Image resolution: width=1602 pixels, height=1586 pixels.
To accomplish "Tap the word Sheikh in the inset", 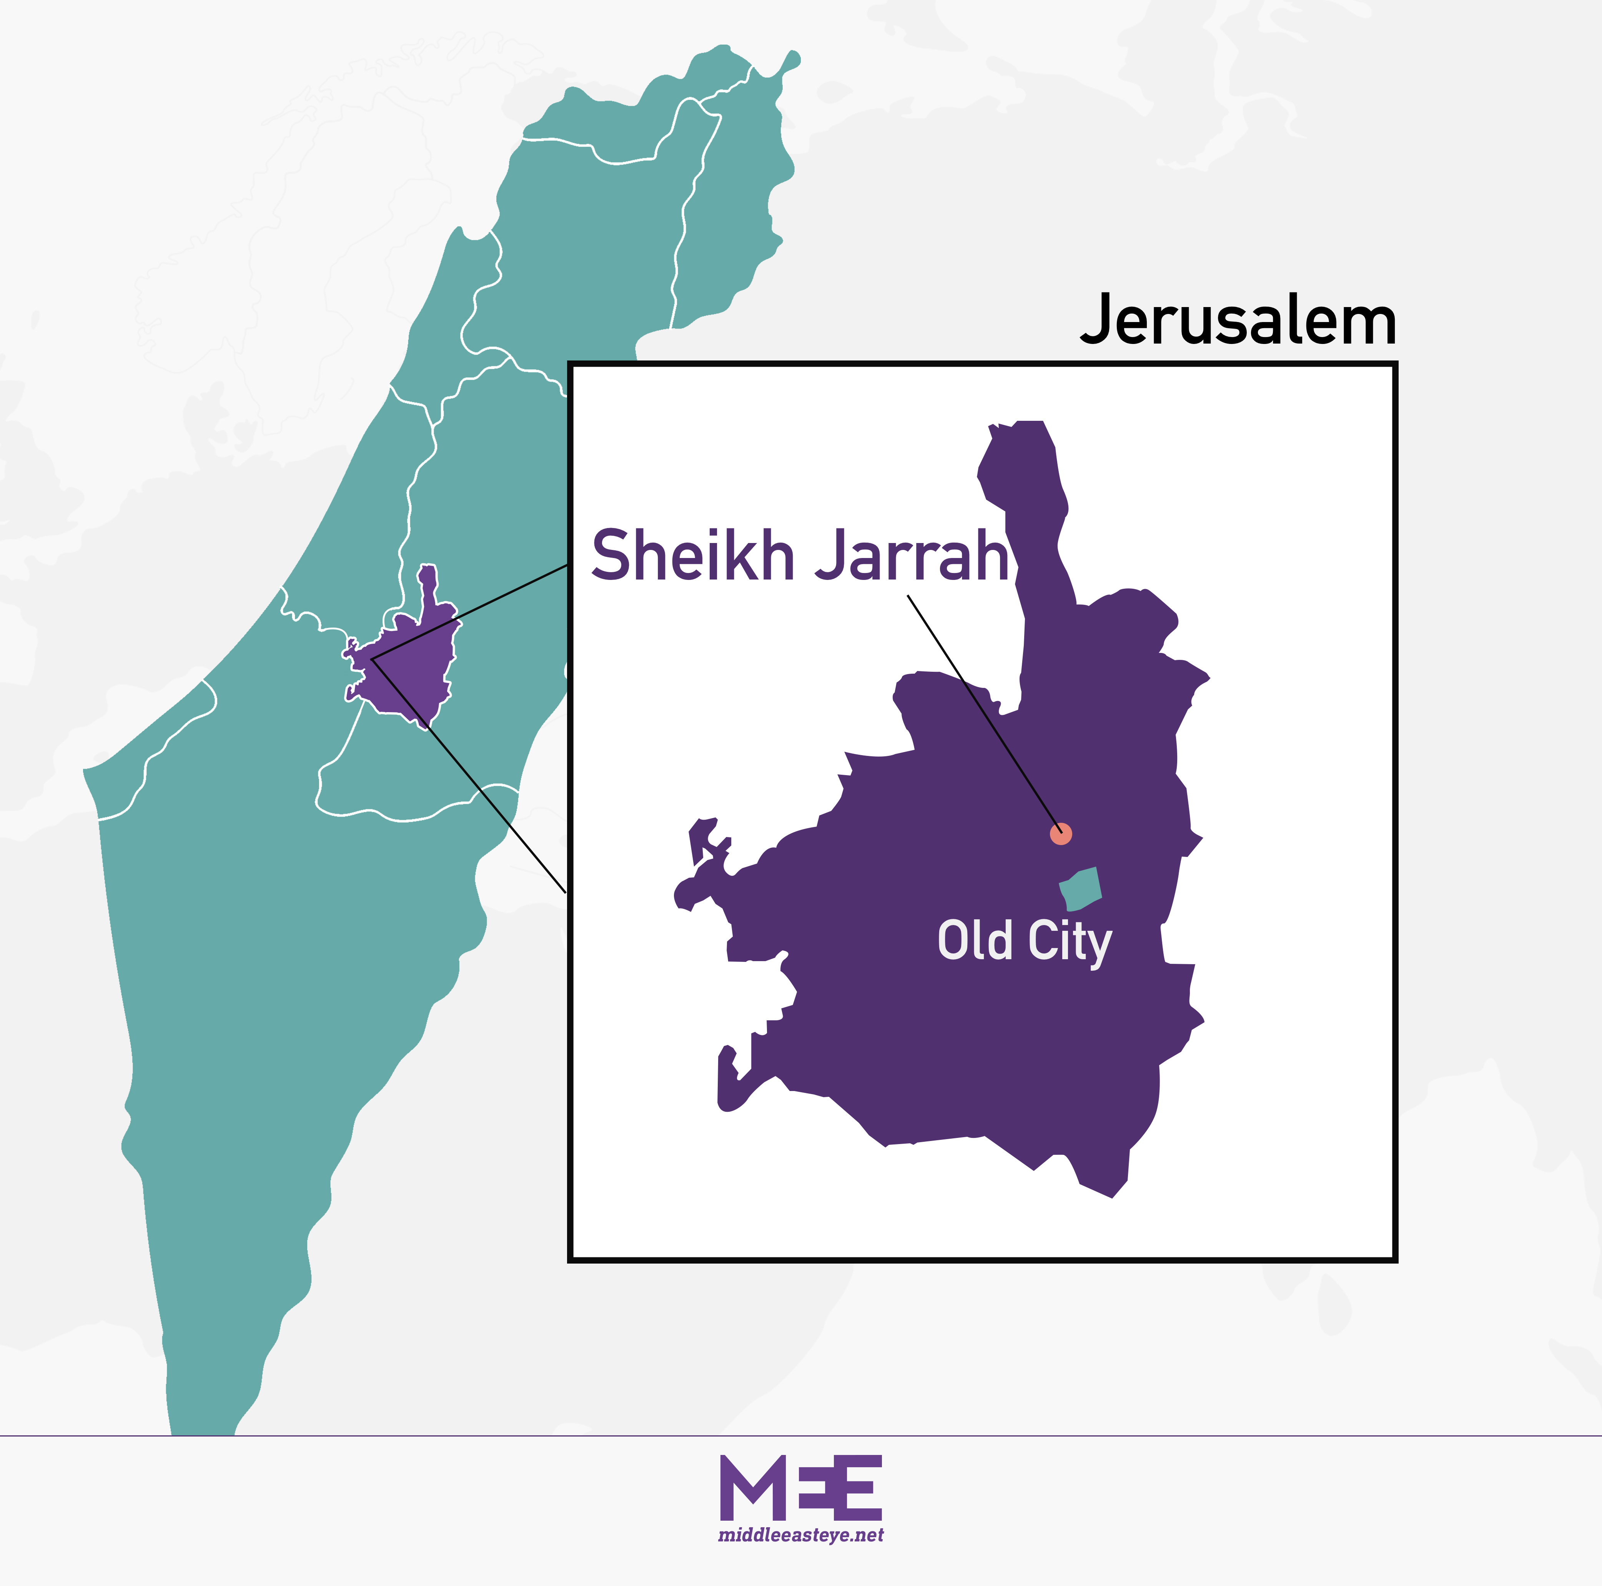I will coord(692,555).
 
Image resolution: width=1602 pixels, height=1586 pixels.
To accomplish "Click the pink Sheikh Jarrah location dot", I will coord(1061,834).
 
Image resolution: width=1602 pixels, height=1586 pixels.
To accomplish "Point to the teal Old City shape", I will coord(1080,889).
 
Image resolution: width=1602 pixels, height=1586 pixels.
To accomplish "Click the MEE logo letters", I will coord(800,1488).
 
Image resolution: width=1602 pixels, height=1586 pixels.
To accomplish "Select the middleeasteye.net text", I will coord(800,1535).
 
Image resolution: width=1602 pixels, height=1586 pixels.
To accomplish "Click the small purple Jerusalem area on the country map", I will coord(411,663).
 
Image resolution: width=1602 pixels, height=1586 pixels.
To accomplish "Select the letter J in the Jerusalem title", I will coord(1097,321).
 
